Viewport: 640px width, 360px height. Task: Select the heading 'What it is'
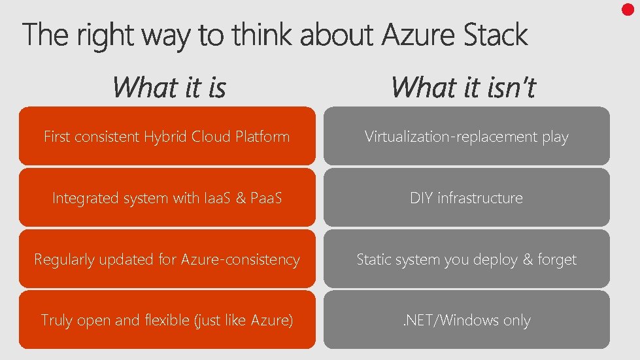[x=169, y=87]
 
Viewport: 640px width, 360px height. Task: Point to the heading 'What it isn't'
[x=463, y=87]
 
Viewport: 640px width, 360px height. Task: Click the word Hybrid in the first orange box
[x=165, y=137]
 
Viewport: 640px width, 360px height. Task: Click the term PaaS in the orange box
[x=265, y=198]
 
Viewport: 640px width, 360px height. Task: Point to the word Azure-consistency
[x=240, y=259]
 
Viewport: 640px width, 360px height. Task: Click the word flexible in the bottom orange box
[x=171, y=320]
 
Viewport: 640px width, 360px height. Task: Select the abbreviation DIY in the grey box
[x=421, y=198]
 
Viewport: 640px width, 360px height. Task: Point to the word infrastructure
[x=480, y=198]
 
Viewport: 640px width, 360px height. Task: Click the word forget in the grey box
[x=557, y=260]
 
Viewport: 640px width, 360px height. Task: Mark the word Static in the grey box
[x=374, y=259]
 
